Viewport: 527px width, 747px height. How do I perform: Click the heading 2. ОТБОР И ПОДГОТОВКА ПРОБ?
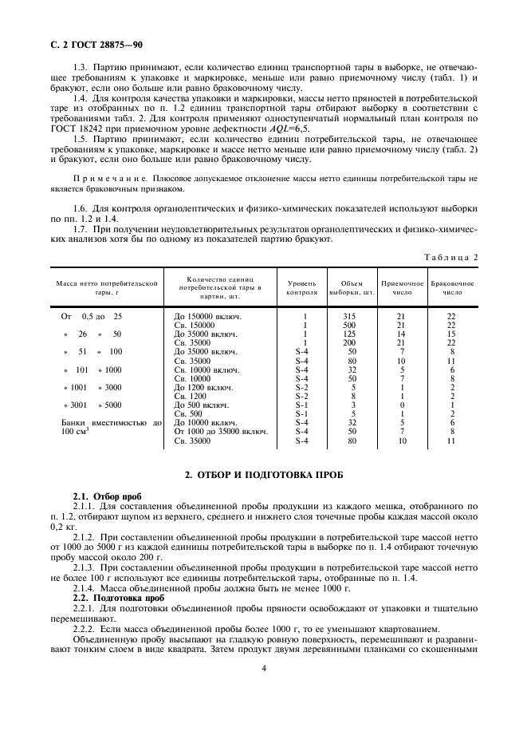pyautogui.click(x=263, y=474)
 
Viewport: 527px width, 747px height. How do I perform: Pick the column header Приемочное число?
pyautogui.click(x=402, y=287)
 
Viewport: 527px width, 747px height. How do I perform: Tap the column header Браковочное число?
pyautogui.click(x=452, y=287)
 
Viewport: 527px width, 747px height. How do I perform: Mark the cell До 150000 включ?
pyautogui.click(x=207, y=317)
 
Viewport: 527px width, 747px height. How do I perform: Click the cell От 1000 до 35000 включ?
pyautogui.click(x=220, y=432)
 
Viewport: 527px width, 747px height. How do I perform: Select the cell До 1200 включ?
pyautogui.click(x=203, y=387)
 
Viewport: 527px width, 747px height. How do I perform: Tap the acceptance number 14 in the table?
pyautogui.click(x=402, y=334)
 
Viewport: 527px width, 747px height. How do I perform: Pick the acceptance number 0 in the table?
pyautogui.click(x=402, y=405)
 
